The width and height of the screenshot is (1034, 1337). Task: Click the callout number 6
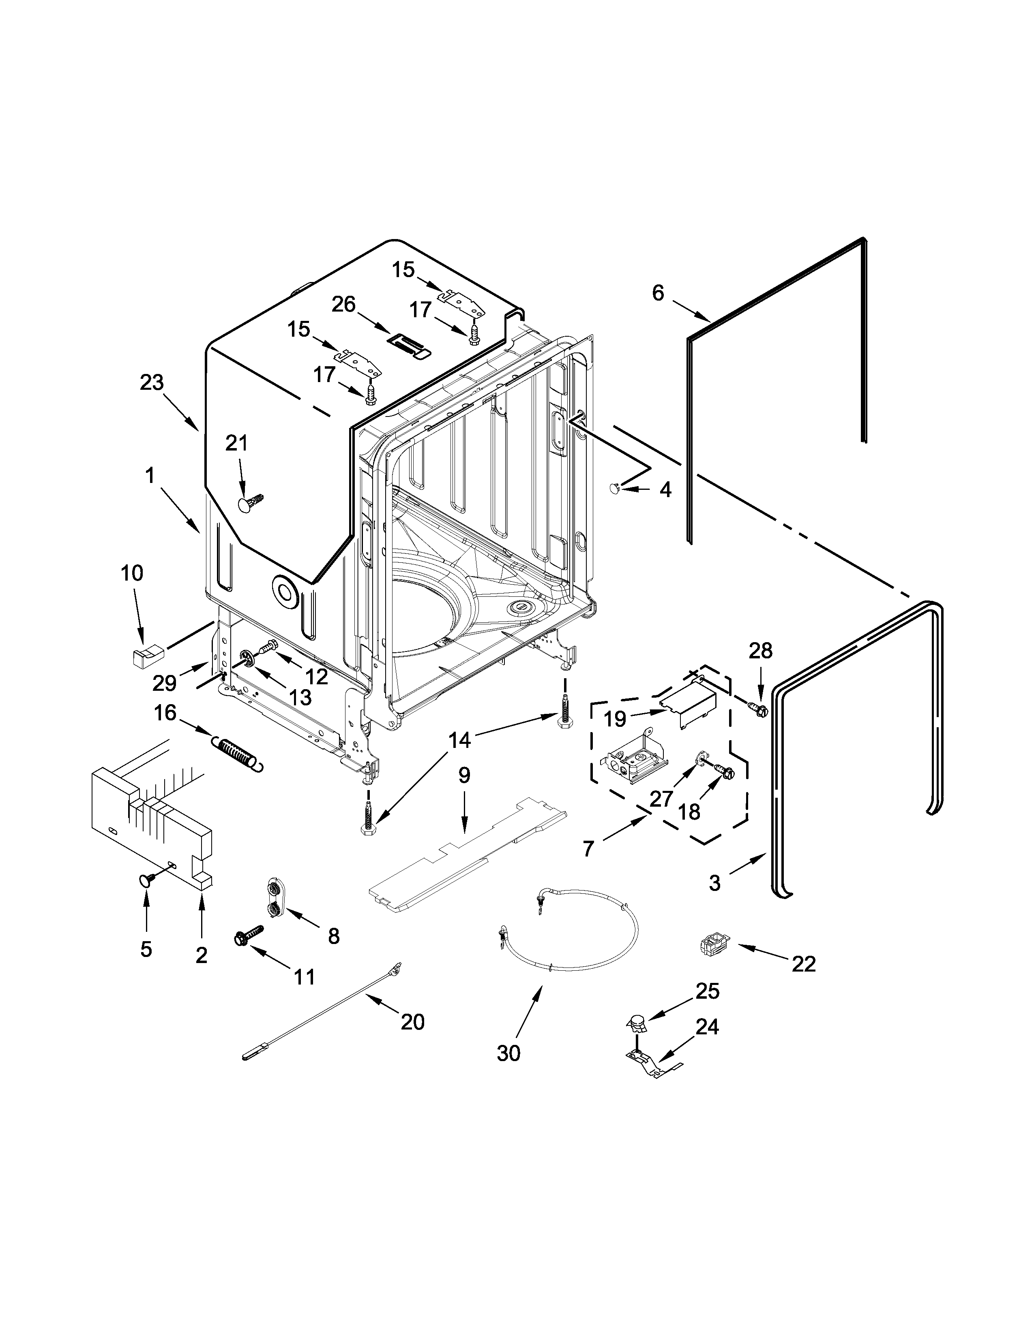coord(658,293)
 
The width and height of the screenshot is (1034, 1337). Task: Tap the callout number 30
coord(508,1053)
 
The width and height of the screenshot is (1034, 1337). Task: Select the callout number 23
coord(152,382)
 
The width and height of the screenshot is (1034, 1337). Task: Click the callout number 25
coord(708,991)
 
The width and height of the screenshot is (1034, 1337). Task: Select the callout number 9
coord(464,775)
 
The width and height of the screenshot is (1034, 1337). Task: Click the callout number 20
coord(412,1022)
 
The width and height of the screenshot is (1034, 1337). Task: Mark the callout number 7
coord(588,848)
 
